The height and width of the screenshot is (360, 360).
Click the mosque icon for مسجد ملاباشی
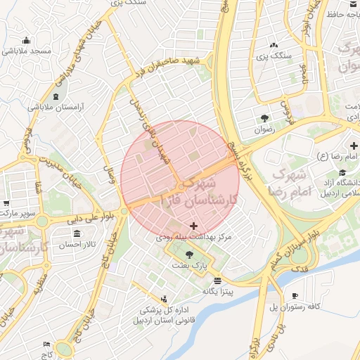[x=26, y=40]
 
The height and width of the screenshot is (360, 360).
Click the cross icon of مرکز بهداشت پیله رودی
[x=194, y=226]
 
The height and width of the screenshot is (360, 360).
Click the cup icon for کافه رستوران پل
[x=295, y=295]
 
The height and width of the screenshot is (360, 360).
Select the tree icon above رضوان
[x=264, y=117]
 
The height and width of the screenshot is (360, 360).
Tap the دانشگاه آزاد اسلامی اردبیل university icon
[x=342, y=173]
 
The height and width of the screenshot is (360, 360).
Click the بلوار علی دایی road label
[x=91, y=218]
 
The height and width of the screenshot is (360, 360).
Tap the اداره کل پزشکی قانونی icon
[x=165, y=299]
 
